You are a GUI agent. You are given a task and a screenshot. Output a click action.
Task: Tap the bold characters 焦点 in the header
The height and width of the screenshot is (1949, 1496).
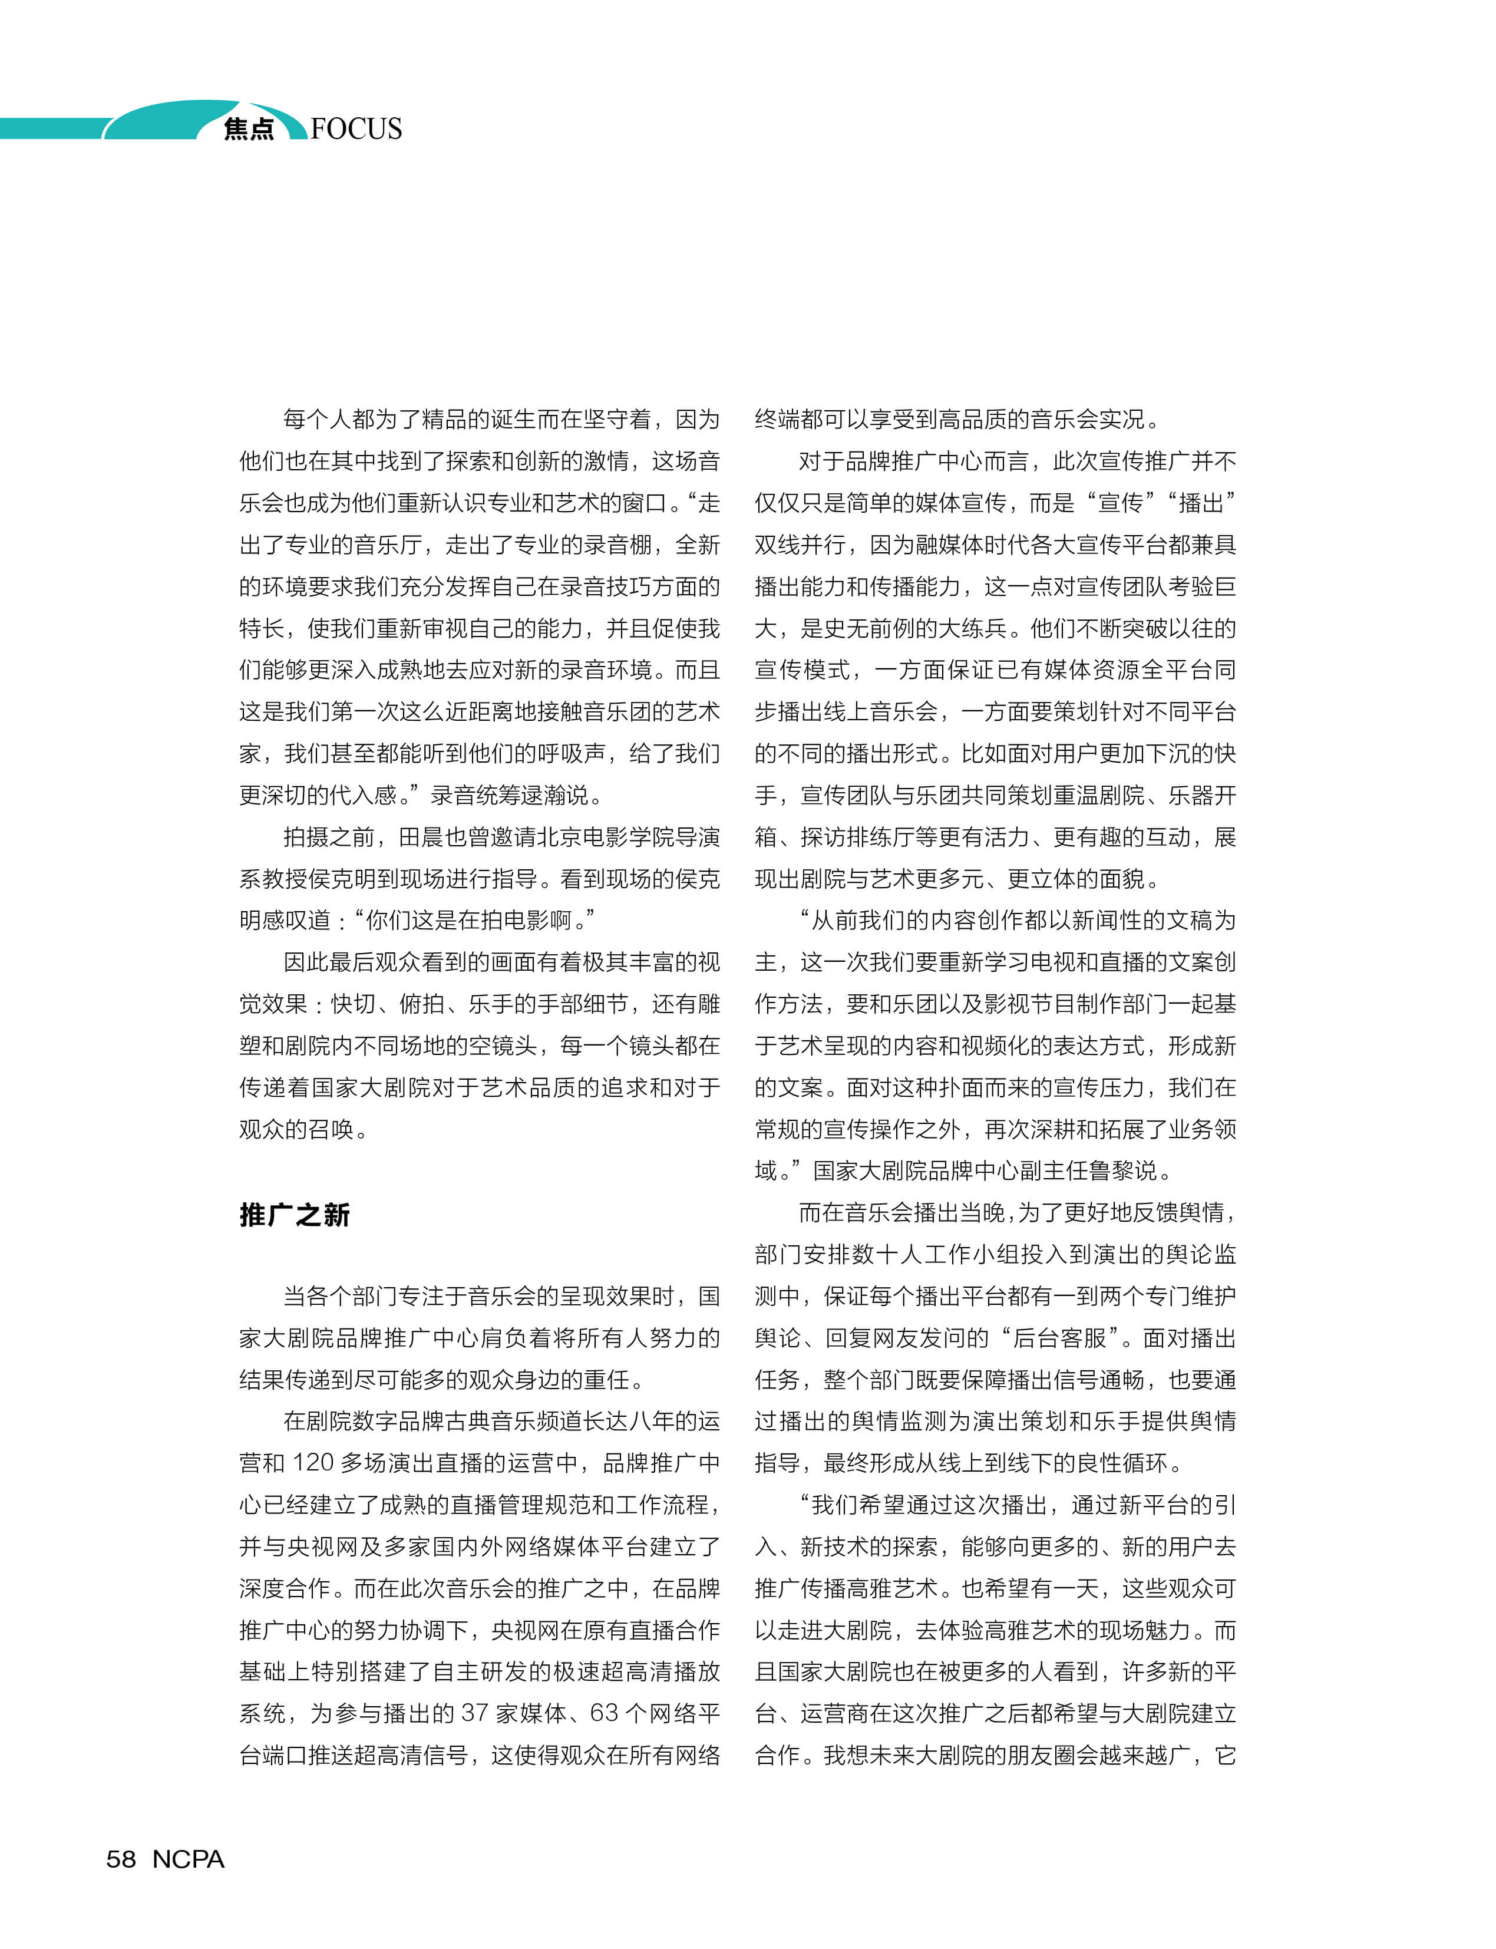point(249,129)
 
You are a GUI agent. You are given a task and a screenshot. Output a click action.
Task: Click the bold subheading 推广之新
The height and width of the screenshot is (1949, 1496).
point(294,1215)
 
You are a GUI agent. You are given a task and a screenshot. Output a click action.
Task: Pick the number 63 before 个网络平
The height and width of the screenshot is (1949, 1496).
point(604,1713)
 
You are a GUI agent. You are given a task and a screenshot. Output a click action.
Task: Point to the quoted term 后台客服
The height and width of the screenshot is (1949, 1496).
point(1059,1338)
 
